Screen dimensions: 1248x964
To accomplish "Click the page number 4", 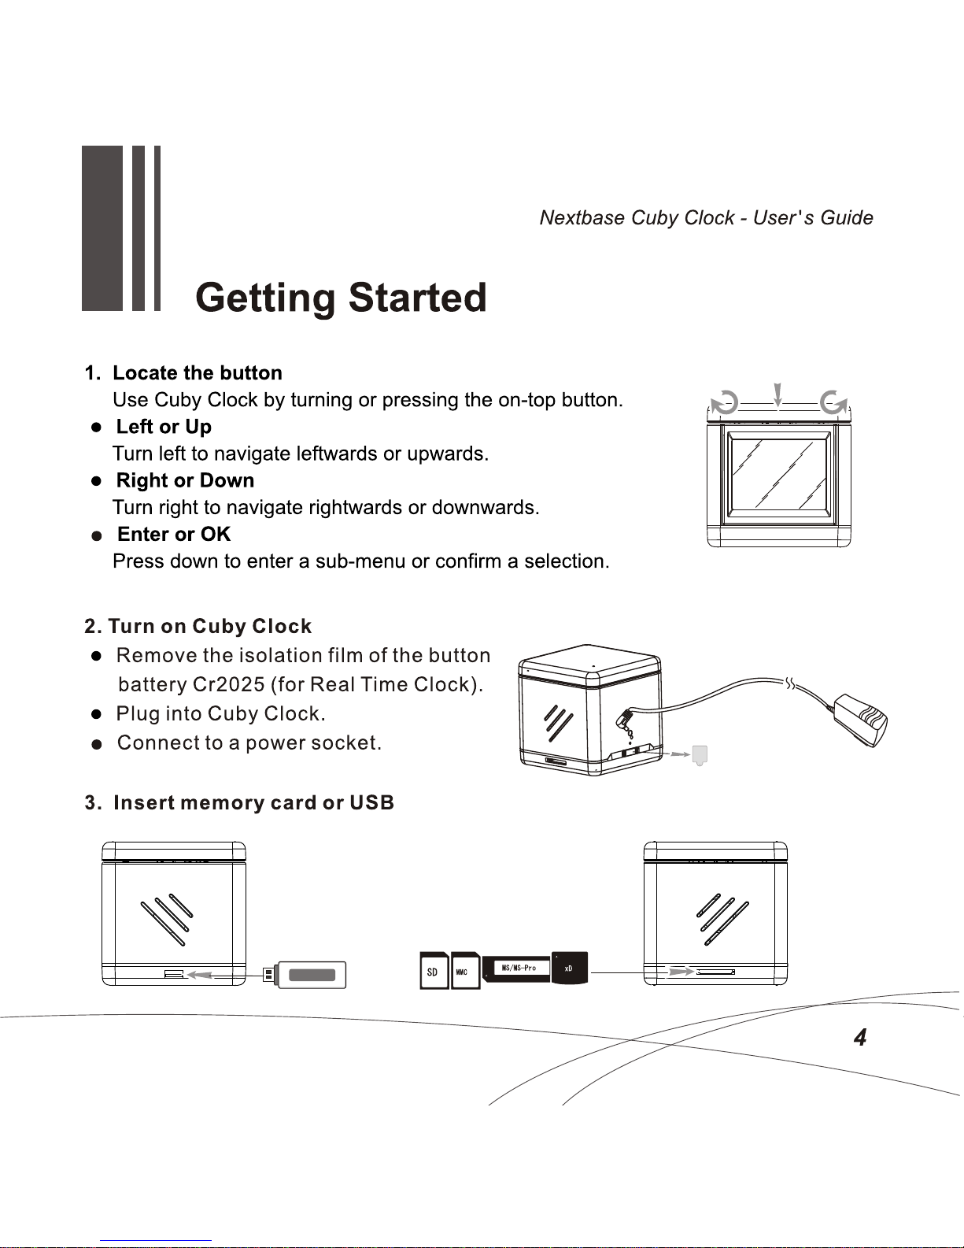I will coord(860,1038).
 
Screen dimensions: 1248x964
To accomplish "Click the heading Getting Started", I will coord(341,298).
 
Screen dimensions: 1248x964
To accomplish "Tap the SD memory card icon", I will coord(434,971).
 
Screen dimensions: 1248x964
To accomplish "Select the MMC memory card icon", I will coord(465,971).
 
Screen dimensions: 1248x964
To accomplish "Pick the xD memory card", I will coord(570,968).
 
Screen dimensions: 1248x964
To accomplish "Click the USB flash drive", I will coord(307,975).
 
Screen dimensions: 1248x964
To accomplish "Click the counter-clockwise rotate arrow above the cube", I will coord(725,403).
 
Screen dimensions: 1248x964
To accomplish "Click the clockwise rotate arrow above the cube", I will coord(833,403).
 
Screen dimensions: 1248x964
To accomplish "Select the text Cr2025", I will coord(228,685).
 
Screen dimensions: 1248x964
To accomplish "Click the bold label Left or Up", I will coord(164,427).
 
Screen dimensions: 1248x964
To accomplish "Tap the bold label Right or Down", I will coord(185,480).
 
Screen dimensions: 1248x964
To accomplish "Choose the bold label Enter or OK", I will coord(174,535).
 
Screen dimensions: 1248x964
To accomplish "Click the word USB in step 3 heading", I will coord(371,803).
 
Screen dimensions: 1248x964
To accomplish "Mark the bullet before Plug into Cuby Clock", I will coord(96,714).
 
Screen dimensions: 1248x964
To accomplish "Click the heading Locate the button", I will coord(198,373).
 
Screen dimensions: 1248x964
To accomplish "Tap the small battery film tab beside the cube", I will coord(700,755).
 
